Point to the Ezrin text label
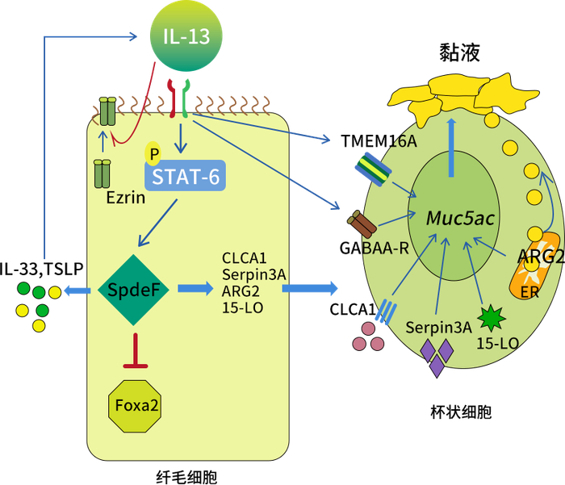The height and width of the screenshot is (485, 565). click(125, 197)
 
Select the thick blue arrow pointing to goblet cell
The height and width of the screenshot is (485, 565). click(309, 287)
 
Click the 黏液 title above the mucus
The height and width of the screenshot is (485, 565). click(460, 53)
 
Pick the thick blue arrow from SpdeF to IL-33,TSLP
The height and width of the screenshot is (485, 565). click(78, 288)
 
